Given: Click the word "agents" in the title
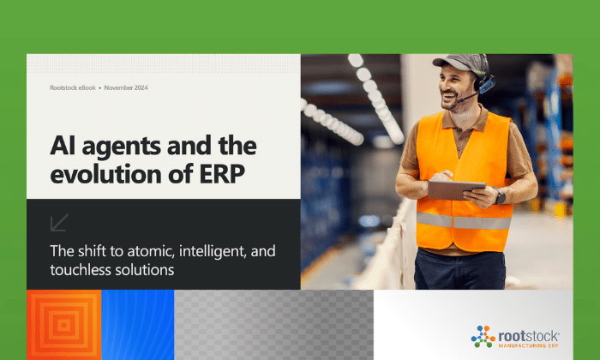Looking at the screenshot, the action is click(x=122, y=147).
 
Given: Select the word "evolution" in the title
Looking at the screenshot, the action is click(x=106, y=174).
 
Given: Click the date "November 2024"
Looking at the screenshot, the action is click(x=126, y=87).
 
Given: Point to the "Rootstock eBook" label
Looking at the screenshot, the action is click(x=73, y=87).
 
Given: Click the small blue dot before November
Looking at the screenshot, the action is click(x=100, y=88).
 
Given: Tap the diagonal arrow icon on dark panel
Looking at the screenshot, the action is click(x=59, y=223).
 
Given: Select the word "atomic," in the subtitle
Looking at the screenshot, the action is click(x=151, y=251).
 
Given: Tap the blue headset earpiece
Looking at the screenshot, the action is click(x=486, y=85).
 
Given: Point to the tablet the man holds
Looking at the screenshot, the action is click(x=456, y=189).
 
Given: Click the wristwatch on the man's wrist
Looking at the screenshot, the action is click(x=500, y=196).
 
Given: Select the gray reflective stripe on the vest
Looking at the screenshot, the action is click(x=464, y=221).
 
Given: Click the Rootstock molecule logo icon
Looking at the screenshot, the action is click(x=483, y=336).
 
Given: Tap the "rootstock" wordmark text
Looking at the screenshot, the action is click(x=529, y=336).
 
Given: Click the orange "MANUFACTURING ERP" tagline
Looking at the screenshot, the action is click(x=528, y=345).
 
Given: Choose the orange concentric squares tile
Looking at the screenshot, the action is click(x=64, y=325).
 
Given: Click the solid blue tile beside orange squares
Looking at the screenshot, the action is click(x=138, y=325).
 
